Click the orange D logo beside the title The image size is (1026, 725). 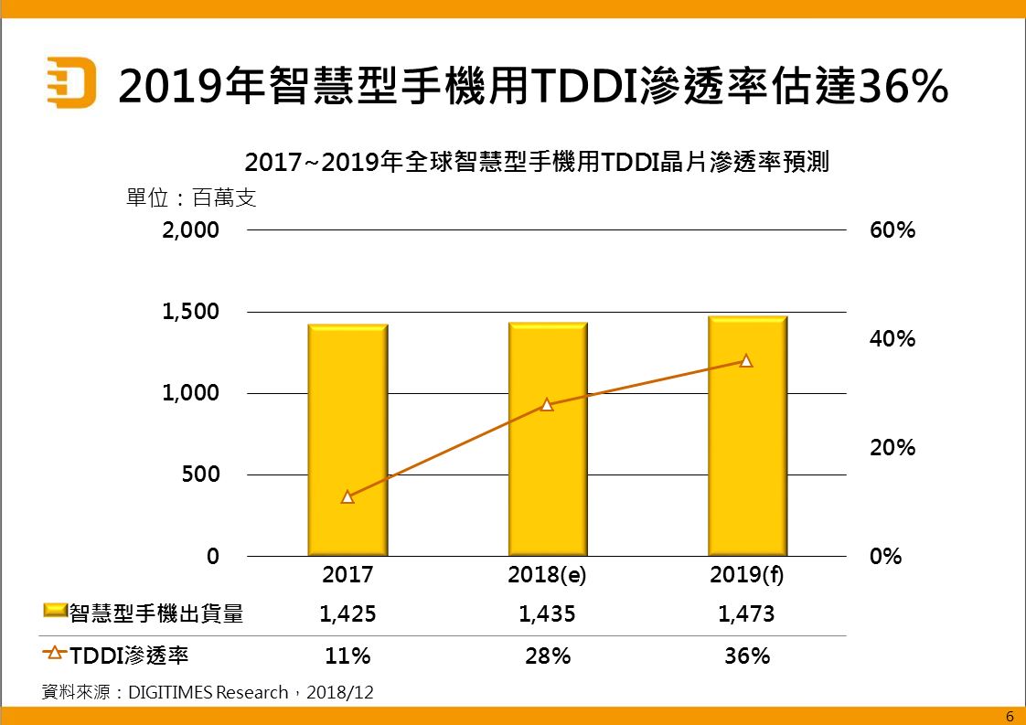pos(71,84)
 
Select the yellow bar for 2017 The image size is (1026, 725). pos(347,439)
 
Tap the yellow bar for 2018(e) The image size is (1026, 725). pos(548,439)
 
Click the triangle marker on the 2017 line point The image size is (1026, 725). pos(347,497)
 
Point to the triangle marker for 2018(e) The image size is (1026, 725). pos(547,404)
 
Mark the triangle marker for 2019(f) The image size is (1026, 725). pos(746,361)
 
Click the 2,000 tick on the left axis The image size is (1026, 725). pos(191,229)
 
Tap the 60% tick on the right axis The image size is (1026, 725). pos(892,229)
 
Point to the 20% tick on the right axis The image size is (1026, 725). pos(892,448)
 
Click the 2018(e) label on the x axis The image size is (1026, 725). pos(547,576)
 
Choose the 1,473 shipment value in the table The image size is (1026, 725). pos(746,614)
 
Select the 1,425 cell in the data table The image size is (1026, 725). pos(347,614)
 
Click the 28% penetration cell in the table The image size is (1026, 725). pos(547,656)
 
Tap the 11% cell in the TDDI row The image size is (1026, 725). pos(347,656)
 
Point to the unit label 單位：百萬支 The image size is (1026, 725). pos(191,197)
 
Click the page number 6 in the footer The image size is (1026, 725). pos(1010,716)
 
